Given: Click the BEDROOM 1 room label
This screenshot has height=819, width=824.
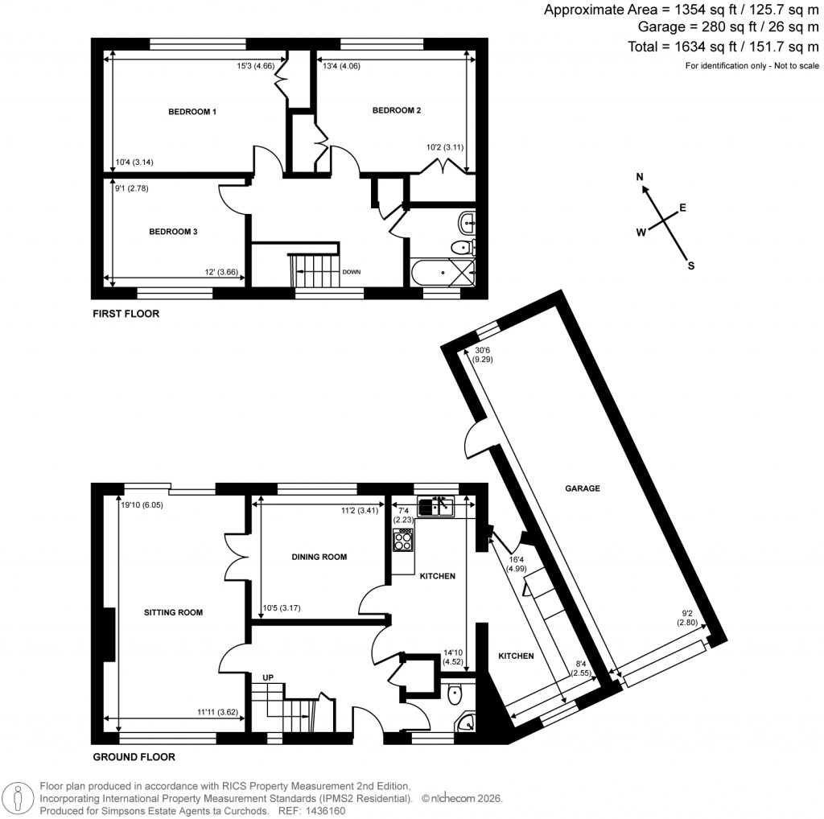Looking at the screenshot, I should point(192,112).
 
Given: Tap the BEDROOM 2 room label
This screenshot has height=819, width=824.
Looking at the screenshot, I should point(397,111).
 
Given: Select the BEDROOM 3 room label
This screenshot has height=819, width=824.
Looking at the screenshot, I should point(173,232).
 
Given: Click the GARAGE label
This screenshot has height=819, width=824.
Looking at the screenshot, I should point(583,488).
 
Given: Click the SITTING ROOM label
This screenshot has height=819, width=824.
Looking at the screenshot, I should point(173,612).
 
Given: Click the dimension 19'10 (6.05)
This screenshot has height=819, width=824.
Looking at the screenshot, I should point(142,505).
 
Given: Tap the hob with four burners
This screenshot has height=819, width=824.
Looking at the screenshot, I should point(403,541).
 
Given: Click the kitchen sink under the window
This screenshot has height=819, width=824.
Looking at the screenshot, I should point(436,506).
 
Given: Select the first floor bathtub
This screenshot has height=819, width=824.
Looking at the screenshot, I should point(442,273).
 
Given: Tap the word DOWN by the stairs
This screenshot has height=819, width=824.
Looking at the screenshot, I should point(352,272).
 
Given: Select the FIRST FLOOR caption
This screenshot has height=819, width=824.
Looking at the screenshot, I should point(125,314).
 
